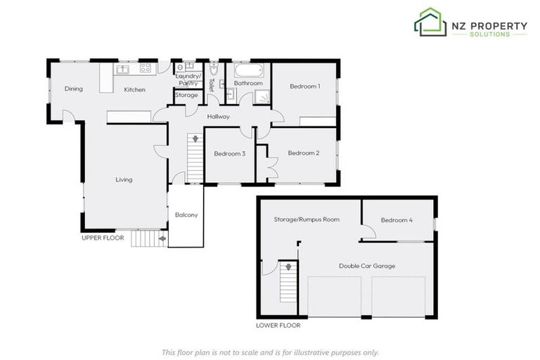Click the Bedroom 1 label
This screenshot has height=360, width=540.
(x=305, y=86)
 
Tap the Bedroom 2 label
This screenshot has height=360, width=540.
(x=304, y=153)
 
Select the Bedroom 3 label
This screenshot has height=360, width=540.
(x=229, y=154)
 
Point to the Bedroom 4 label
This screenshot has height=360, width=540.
(x=397, y=220)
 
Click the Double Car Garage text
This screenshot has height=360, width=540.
(x=366, y=266)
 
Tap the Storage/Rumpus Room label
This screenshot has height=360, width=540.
(x=306, y=219)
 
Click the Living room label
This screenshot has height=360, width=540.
(x=124, y=180)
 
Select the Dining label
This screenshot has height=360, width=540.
(x=74, y=89)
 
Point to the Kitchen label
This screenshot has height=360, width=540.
(x=134, y=90)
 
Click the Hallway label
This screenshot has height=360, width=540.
(x=219, y=116)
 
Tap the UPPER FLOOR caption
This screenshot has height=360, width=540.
(x=103, y=238)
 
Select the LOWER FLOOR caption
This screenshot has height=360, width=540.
(x=278, y=326)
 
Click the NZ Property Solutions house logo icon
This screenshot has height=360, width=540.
(x=430, y=22)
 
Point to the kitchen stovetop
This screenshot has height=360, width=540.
(x=146, y=69)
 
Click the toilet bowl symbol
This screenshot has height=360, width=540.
(x=215, y=71)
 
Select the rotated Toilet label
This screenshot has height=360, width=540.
(x=211, y=85)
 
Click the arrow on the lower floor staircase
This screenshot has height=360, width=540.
(x=286, y=267)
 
